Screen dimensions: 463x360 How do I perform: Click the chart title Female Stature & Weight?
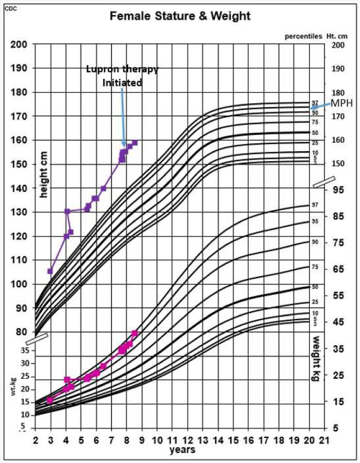pyautogui.click(x=179, y=16)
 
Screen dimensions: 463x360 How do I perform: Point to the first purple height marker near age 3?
pyautogui.click(x=50, y=271)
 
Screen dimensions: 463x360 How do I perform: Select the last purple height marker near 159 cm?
pyautogui.click(x=134, y=142)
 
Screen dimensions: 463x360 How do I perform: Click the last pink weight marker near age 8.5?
pyautogui.click(x=134, y=333)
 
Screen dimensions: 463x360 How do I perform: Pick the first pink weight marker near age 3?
pyautogui.click(x=50, y=400)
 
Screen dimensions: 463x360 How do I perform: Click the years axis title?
pyautogui.click(x=182, y=449)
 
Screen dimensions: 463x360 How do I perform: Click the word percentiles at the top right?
pyautogui.click(x=302, y=36)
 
